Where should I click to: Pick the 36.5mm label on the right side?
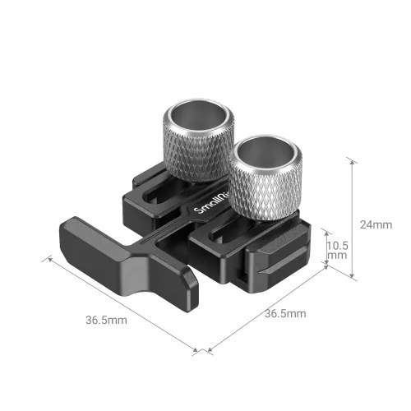[285, 313]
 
